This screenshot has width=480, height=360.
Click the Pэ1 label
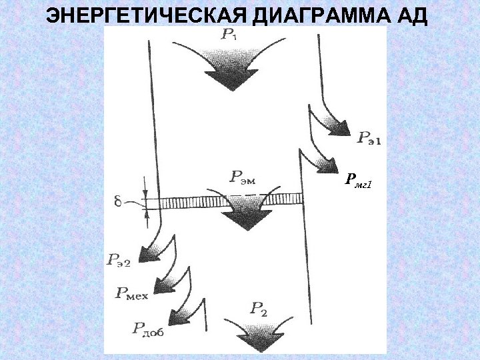tap(371, 138)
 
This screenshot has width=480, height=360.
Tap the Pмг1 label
tap(358, 179)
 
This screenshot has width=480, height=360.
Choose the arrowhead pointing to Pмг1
tap(327, 163)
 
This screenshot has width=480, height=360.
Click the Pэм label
tap(243, 177)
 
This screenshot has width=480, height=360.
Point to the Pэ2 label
tap(118, 259)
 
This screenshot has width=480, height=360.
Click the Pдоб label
tap(147, 327)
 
